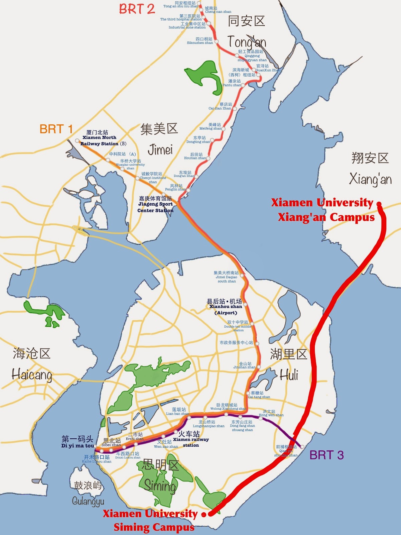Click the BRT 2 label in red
[137, 9]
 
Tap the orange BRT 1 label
[56, 129]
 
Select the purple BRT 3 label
[326, 455]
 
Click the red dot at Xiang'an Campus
[379, 204]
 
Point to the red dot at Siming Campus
[204, 515]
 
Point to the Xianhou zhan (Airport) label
[225, 307]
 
